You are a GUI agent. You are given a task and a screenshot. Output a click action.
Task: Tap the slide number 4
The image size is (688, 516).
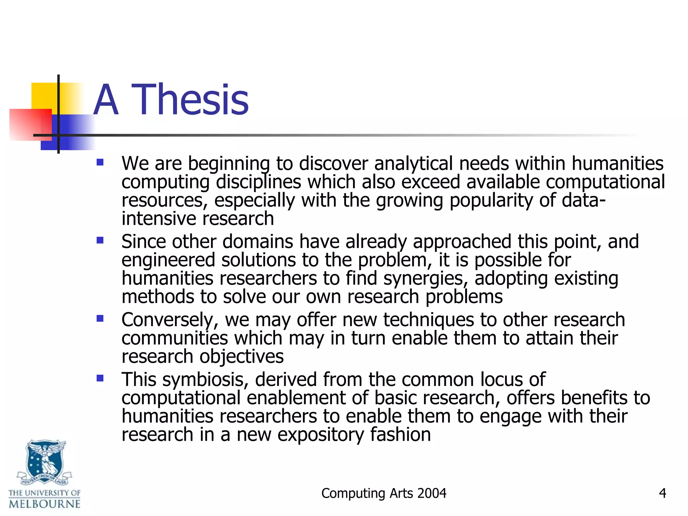click(662, 493)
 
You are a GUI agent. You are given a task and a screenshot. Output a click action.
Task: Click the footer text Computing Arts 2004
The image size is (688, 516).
click(384, 493)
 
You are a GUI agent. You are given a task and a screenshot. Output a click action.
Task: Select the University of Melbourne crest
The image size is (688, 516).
click(45, 462)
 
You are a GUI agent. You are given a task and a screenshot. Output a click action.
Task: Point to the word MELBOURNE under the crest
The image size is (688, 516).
click(45, 504)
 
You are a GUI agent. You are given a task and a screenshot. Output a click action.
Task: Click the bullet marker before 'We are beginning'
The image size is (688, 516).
click(100, 163)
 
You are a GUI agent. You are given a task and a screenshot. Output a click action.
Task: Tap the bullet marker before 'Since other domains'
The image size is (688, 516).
click(100, 241)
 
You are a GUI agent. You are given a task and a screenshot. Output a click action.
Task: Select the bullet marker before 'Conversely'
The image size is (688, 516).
click(100, 318)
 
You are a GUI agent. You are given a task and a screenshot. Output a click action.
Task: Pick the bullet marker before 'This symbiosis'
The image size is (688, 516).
click(100, 378)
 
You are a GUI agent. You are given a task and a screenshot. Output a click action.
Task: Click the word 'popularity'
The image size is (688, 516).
click(491, 201)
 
